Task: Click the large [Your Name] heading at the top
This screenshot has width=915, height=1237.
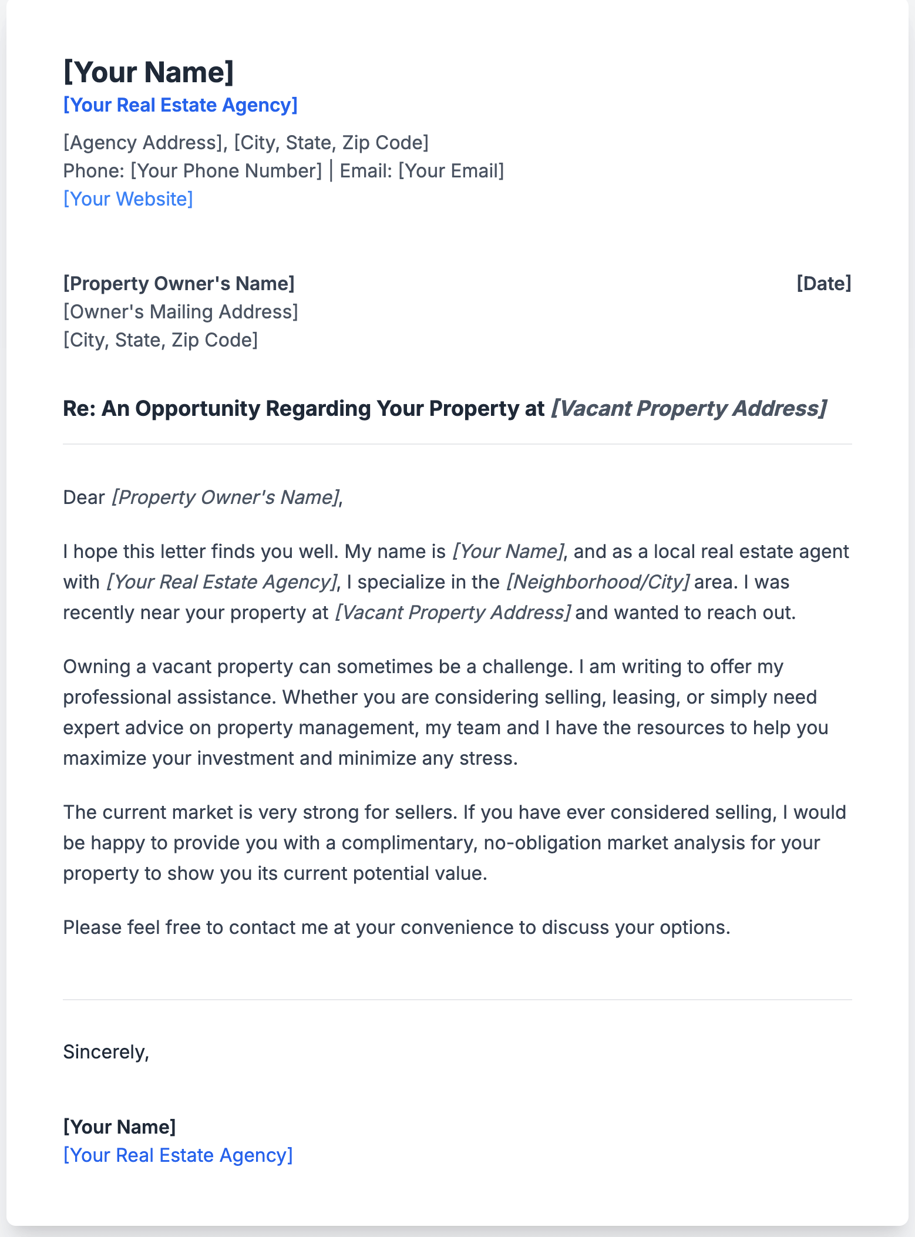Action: coord(149,72)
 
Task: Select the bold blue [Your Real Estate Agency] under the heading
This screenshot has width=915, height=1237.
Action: coord(180,105)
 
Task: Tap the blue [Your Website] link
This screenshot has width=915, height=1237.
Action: coord(128,199)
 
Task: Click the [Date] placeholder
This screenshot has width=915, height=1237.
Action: coord(823,284)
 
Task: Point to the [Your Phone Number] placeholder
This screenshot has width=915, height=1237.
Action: coord(226,171)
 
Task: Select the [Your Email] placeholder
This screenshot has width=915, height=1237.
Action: coord(451,171)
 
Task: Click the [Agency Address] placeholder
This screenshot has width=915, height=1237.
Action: coord(143,143)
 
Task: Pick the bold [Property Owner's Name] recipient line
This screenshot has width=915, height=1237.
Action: coord(179,284)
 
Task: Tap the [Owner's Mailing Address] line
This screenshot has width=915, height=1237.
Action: coord(180,312)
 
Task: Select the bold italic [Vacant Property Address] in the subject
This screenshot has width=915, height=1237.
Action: coord(688,409)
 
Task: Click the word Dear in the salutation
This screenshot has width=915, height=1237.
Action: coord(83,498)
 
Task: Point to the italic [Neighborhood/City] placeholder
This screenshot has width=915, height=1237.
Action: coord(597,582)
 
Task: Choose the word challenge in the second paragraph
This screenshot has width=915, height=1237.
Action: coord(526,667)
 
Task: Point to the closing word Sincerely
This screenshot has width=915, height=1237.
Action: coord(106,1052)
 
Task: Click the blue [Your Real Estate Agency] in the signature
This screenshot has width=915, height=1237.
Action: coord(178,1155)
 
